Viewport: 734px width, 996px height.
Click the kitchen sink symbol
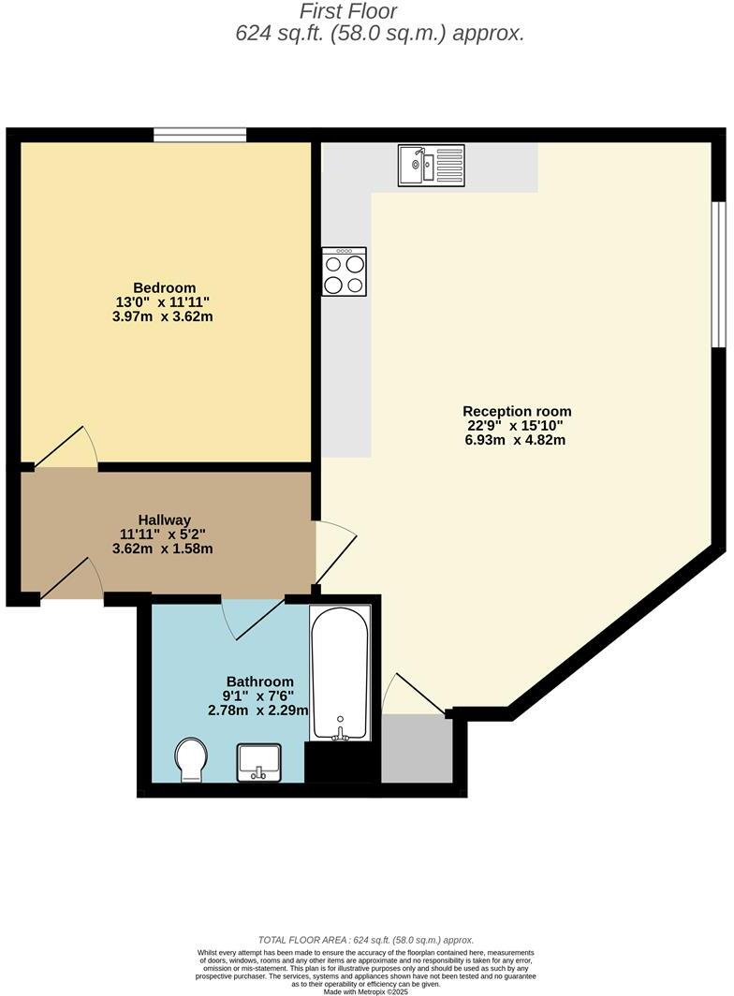pyautogui.click(x=431, y=166)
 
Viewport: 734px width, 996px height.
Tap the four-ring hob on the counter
pyautogui.click(x=344, y=271)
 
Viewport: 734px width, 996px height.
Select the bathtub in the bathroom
pyautogui.click(x=341, y=672)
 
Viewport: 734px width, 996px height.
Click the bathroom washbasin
pyautogui.click(x=259, y=761)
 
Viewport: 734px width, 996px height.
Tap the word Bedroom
pyautogui.click(x=164, y=287)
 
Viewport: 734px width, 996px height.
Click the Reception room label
pyautogui.click(x=517, y=411)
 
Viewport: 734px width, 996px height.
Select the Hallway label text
pyautogui.click(x=164, y=520)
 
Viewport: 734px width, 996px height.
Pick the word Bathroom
pyautogui.click(x=259, y=681)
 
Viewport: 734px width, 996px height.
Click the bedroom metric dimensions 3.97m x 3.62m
pyautogui.click(x=164, y=316)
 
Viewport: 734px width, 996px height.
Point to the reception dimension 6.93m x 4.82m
pyautogui.click(x=517, y=440)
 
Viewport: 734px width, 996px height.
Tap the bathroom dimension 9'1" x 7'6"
pyautogui.click(x=259, y=696)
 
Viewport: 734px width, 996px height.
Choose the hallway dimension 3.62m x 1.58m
pyautogui.click(x=164, y=549)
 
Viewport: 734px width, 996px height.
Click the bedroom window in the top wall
pyautogui.click(x=199, y=136)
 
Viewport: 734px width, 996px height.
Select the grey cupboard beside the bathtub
pyautogui.click(x=417, y=749)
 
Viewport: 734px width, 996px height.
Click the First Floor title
pyautogui.click(x=349, y=12)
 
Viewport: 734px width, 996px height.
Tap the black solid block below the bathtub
pyautogui.click(x=343, y=763)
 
